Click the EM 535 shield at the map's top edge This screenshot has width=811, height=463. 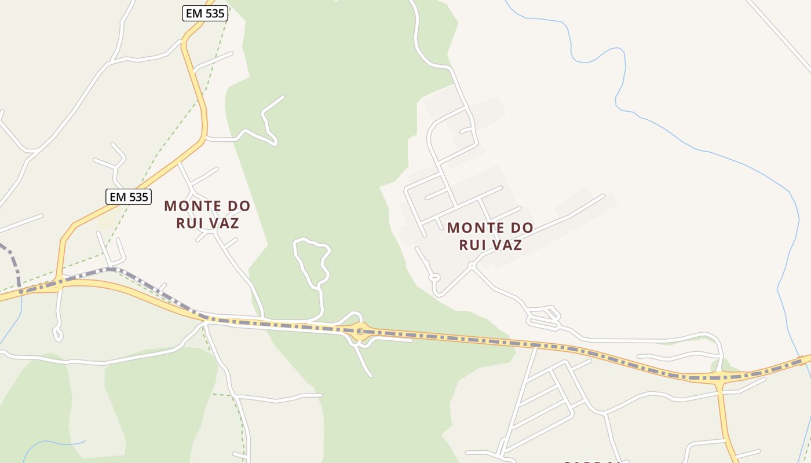205,13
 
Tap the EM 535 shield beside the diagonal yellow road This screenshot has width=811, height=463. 128,197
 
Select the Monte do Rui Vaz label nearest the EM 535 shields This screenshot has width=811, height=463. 207,214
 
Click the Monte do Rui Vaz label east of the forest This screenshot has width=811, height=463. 490,236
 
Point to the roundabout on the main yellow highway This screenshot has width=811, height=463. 360,331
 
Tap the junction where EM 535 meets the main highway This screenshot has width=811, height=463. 59,283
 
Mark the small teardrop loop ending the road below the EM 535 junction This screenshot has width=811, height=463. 58,334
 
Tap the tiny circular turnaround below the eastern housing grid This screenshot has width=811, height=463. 434,277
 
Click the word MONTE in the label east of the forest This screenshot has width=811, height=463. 470,227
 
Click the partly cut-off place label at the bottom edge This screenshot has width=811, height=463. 591,461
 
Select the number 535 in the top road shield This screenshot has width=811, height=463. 214,13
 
